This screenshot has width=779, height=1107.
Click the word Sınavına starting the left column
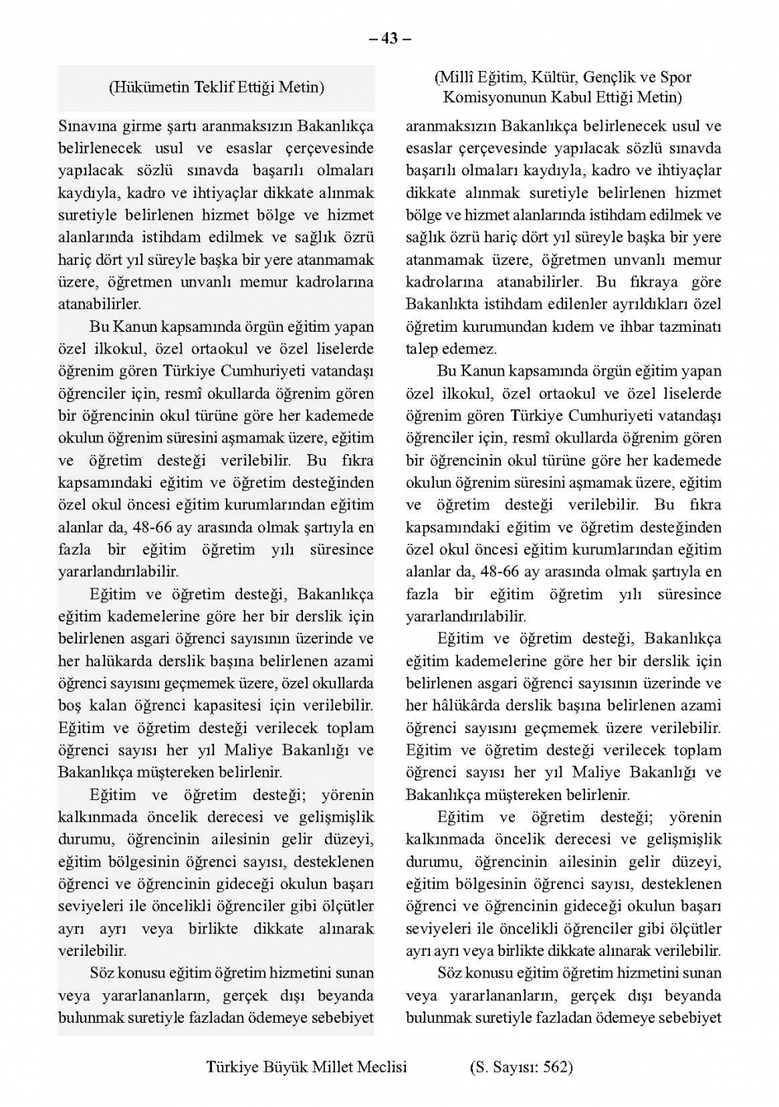(x=88, y=125)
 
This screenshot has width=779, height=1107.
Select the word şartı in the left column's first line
(x=185, y=125)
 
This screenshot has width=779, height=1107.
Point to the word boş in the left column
(x=70, y=707)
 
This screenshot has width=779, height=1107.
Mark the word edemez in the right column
(x=470, y=349)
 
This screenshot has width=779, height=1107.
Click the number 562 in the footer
(x=552, y=1066)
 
